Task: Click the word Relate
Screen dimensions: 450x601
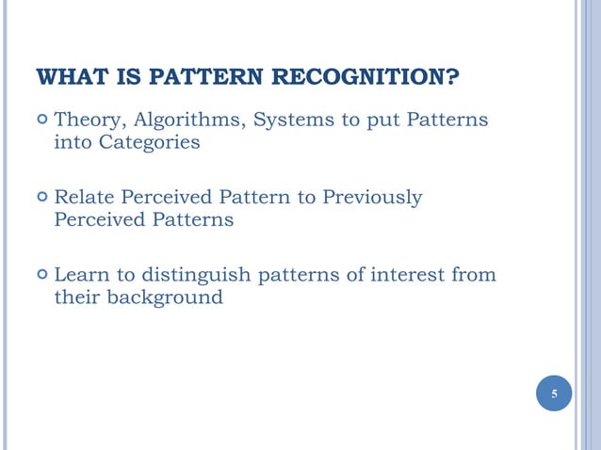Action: (x=86, y=198)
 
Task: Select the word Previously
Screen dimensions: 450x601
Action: (x=373, y=198)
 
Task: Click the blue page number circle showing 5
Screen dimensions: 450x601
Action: (x=554, y=394)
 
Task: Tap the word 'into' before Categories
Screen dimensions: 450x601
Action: (x=72, y=143)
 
